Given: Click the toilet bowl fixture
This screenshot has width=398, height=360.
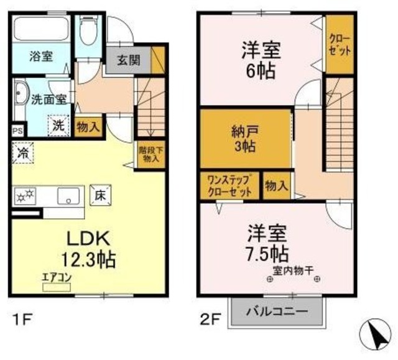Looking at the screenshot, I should point(88,30).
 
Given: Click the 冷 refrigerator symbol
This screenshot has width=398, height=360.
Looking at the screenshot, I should point(23,151).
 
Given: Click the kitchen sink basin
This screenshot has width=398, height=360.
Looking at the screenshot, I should point(68,197).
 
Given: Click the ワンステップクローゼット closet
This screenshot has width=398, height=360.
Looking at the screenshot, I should point(229,186).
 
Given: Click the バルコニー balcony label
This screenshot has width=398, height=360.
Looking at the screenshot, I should point(278,311).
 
